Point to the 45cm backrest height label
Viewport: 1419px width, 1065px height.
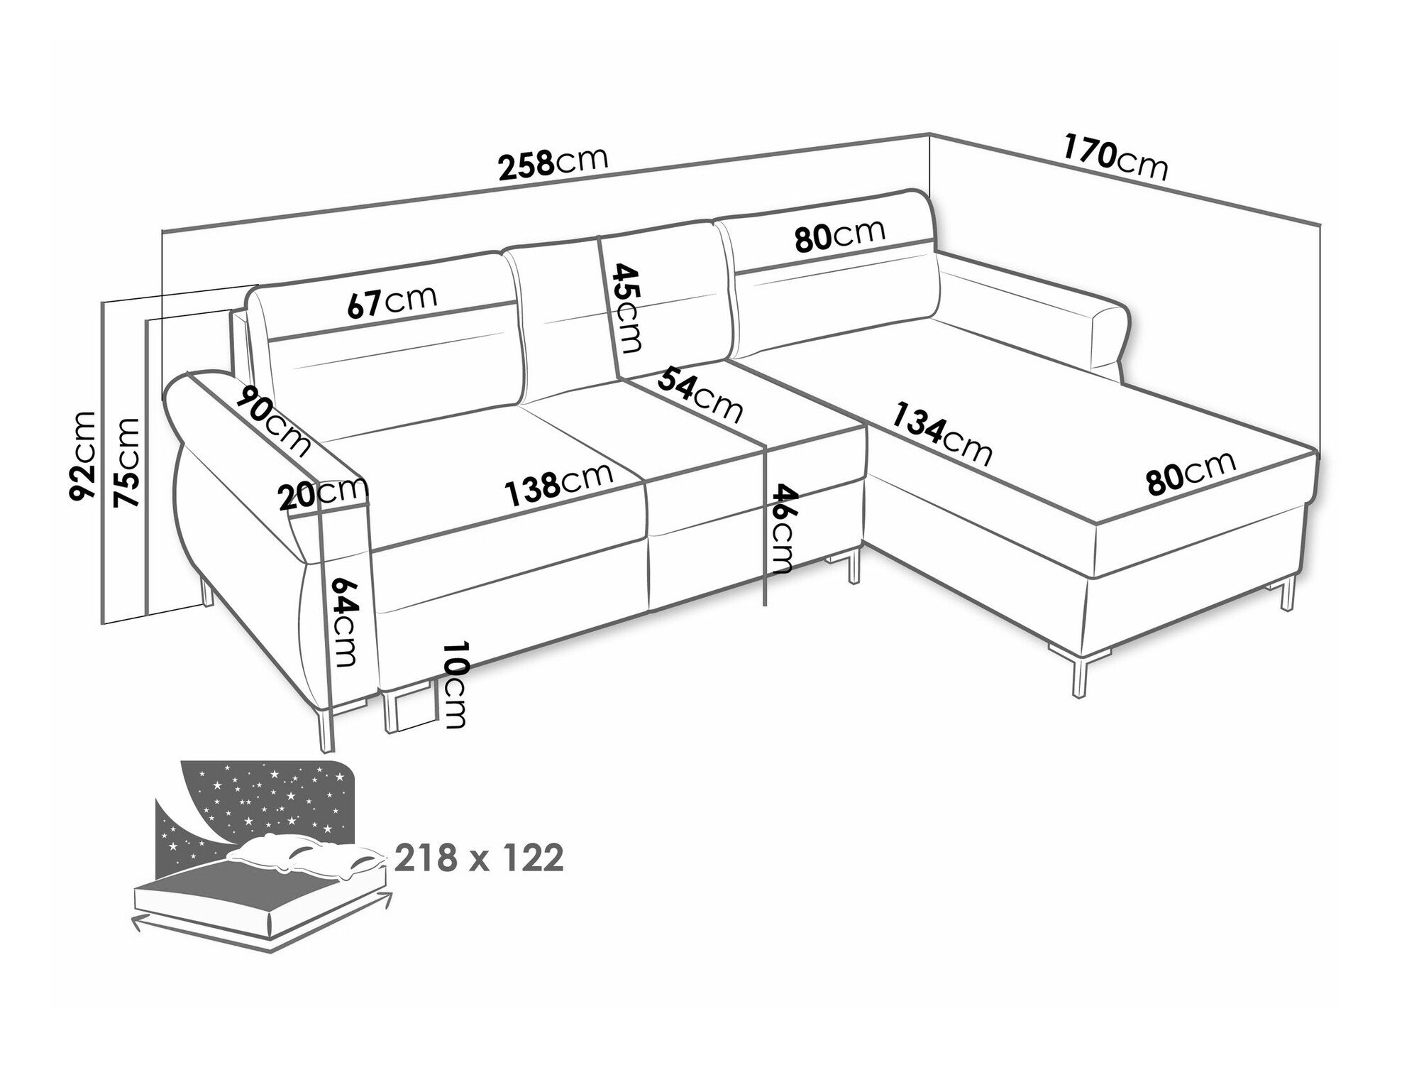[x=628, y=308]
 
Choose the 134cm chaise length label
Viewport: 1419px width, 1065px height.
[x=941, y=433]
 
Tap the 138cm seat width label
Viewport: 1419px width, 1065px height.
[x=558, y=484]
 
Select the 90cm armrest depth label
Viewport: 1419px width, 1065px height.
[x=275, y=422]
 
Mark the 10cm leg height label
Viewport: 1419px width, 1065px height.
[x=454, y=686]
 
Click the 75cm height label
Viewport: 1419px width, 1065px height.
[x=127, y=462]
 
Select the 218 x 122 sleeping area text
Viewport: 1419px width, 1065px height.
[x=480, y=859]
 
